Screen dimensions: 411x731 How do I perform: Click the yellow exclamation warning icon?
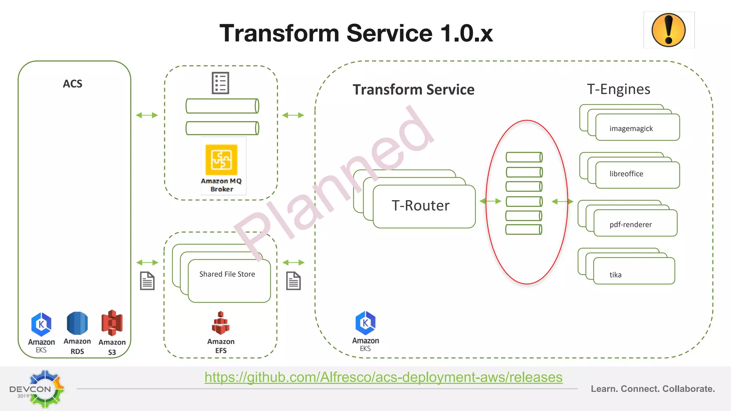pos(669,30)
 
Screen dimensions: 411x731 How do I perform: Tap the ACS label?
pos(72,84)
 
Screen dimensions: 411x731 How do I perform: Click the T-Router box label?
pos(420,206)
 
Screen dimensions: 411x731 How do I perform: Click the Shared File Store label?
pos(227,274)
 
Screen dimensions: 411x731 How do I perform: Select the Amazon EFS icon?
pos(221,323)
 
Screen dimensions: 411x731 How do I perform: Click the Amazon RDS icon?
pos(77,323)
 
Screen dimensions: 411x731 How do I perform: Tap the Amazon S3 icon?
pos(112,323)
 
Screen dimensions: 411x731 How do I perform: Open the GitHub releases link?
pos(383,377)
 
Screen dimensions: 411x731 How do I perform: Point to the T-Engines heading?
pos(619,89)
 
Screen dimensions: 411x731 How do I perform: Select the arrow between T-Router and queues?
pos(490,201)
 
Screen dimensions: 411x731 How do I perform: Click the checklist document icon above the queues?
pos(220,83)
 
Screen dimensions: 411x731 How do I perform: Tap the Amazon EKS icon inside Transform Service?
pos(365,323)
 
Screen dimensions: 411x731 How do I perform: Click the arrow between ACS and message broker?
pos(147,115)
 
